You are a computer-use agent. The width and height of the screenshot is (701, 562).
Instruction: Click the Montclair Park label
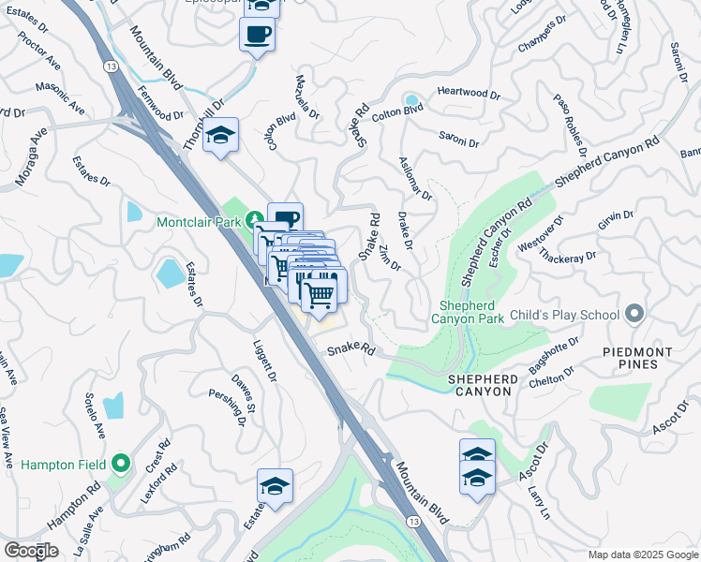click(200, 222)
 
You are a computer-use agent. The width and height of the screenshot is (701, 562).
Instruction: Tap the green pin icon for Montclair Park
click(255, 222)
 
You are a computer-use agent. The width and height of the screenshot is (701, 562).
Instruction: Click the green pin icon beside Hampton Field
click(120, 463)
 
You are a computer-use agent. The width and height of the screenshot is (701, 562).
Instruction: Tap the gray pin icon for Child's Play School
click(635, 312)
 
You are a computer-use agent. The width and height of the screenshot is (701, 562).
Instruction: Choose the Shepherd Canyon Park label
click(473, 314)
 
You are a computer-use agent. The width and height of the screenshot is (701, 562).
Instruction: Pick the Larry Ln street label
click(538, 498)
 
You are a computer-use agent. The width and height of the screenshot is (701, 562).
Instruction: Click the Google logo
click(31, 551)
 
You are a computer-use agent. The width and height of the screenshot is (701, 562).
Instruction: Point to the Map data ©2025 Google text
click(642, 555)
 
